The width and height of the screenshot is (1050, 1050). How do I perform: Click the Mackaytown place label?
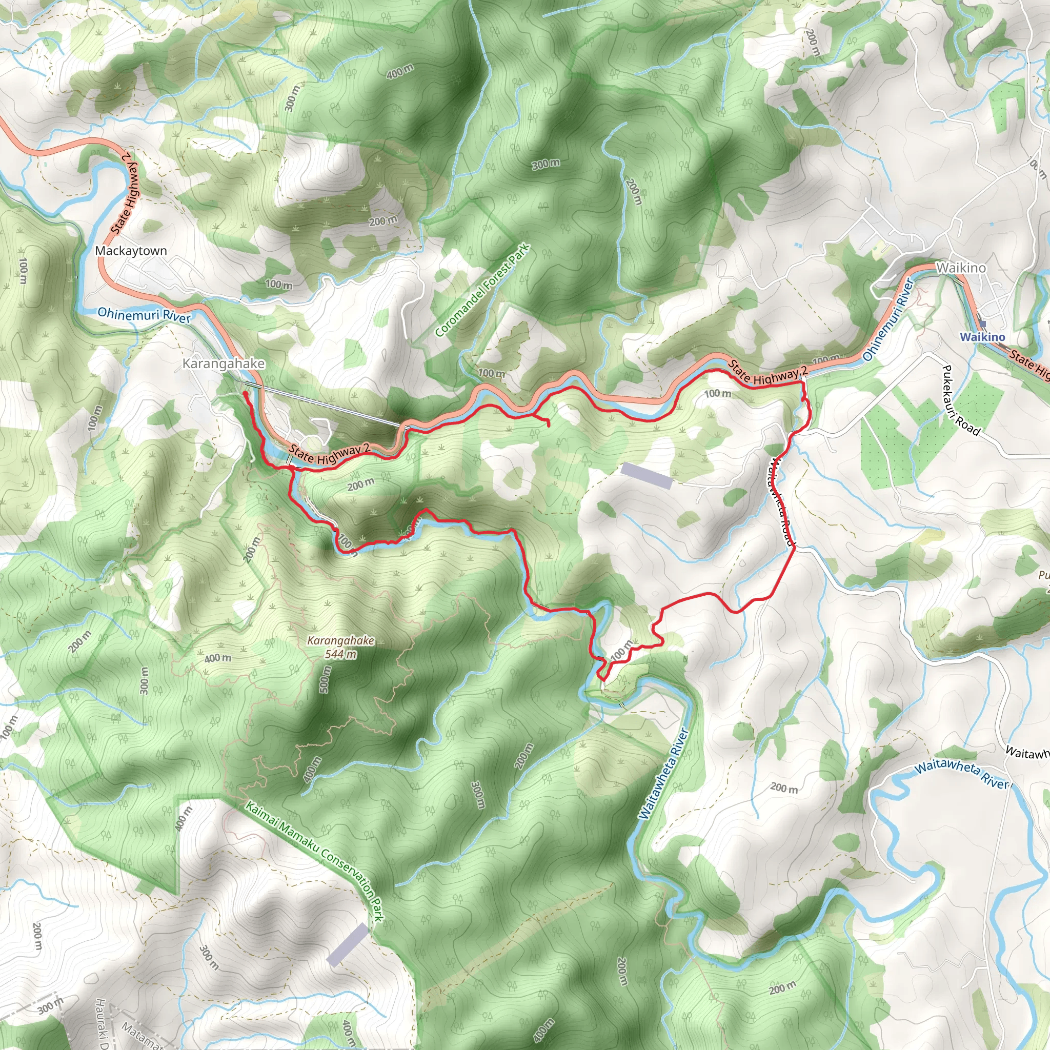[130, 251]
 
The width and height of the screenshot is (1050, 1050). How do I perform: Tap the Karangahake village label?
[224, 363]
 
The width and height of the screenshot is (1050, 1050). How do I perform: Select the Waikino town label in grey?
[960, 268]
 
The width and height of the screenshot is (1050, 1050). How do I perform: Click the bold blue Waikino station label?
[982, 337]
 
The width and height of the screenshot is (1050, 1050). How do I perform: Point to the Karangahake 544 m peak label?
[340, 648]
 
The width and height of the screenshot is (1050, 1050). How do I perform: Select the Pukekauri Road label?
[960, 400]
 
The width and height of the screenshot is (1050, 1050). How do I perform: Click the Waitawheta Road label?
[781, 501]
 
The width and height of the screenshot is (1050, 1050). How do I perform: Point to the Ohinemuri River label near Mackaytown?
[144, 315]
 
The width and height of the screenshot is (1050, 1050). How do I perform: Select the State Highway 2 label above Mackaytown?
[125, 193]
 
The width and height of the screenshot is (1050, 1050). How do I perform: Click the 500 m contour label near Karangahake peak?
[325, 679]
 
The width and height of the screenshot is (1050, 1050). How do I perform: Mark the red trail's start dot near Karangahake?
[246, 393]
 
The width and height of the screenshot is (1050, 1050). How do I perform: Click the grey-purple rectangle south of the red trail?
[646, 475]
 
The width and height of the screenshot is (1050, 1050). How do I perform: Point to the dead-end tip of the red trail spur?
[548, 426]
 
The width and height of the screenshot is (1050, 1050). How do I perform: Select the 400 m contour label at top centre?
[400, 71]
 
